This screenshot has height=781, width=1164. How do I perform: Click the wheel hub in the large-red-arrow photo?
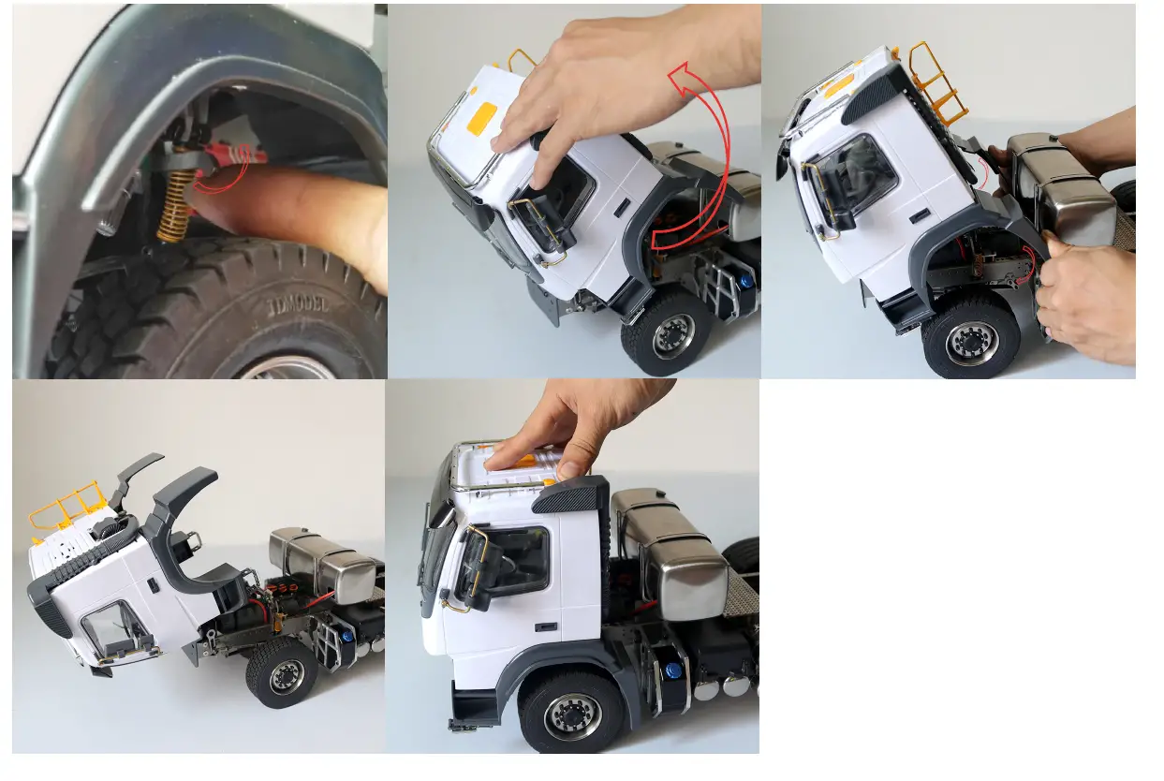pyautogui.click(x=673, y=336)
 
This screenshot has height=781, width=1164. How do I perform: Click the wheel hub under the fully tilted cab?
pyautogui.click(x=285, y=676)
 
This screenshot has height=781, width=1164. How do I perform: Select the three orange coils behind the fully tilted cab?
pyautogui.click(x=281, y=592)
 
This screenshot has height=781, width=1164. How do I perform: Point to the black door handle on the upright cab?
pyautogui.click(x=550, y=626)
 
